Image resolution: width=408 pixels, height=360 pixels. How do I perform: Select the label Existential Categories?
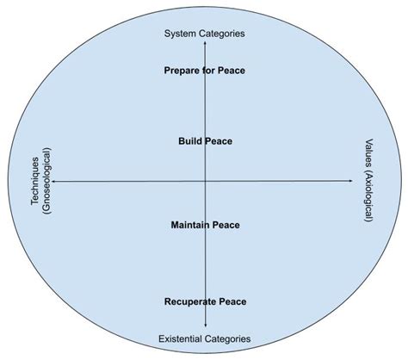coord(205,338)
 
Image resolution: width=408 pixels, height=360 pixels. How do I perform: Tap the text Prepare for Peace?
coord(205,70)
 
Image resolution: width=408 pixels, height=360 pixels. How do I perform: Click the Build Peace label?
coord(205,140)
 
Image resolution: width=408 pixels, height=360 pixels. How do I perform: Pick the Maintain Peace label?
coord(205,225)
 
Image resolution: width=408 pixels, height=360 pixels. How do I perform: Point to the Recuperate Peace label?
coord(205,301)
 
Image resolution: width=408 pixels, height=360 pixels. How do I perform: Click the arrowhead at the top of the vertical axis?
coord(205,43)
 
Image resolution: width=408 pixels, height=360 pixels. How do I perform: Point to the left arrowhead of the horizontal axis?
coord(57,181)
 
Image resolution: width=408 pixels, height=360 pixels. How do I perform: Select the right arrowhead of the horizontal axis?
coord(351,181)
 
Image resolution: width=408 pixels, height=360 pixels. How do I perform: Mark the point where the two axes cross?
coord(205,181)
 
